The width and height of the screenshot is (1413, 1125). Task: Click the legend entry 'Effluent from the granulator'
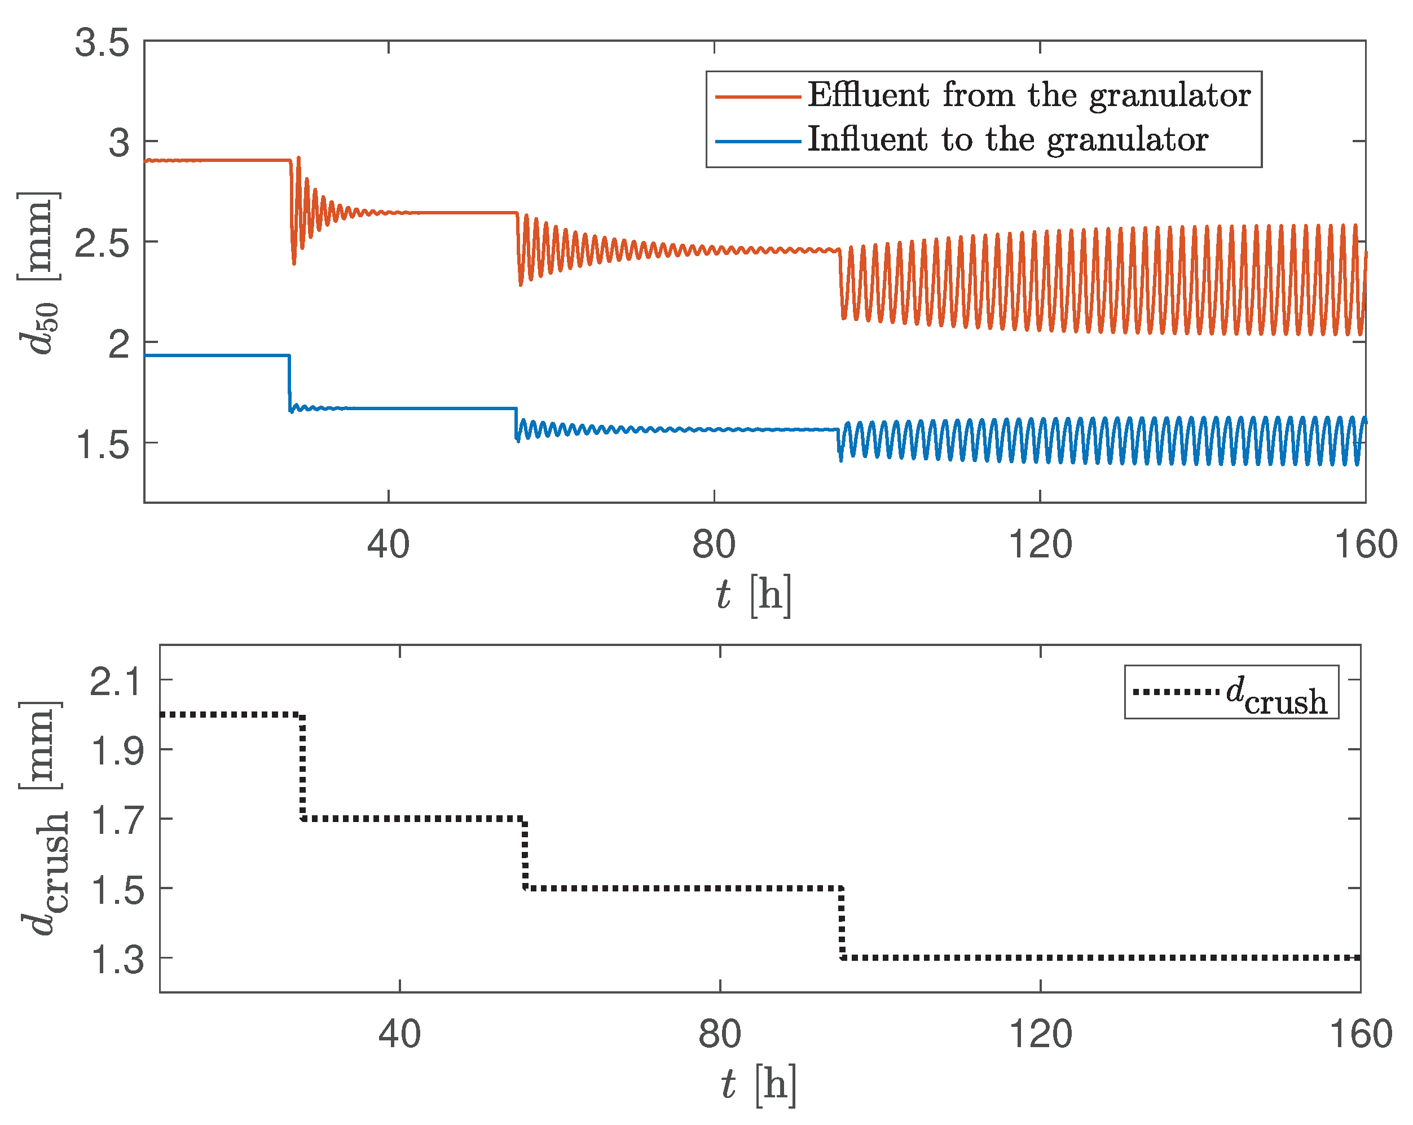pos(1028,96)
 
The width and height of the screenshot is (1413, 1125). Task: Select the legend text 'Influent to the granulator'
pos(1007,140)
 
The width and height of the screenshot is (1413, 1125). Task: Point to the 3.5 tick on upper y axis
pos(102,44)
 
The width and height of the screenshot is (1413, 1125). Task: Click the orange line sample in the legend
pos(758,97)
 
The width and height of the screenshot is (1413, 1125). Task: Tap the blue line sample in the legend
pos(758,141)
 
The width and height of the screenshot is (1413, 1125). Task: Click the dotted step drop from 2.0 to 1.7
pos(302,767)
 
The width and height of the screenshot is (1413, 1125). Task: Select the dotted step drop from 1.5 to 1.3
pos(842,923)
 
